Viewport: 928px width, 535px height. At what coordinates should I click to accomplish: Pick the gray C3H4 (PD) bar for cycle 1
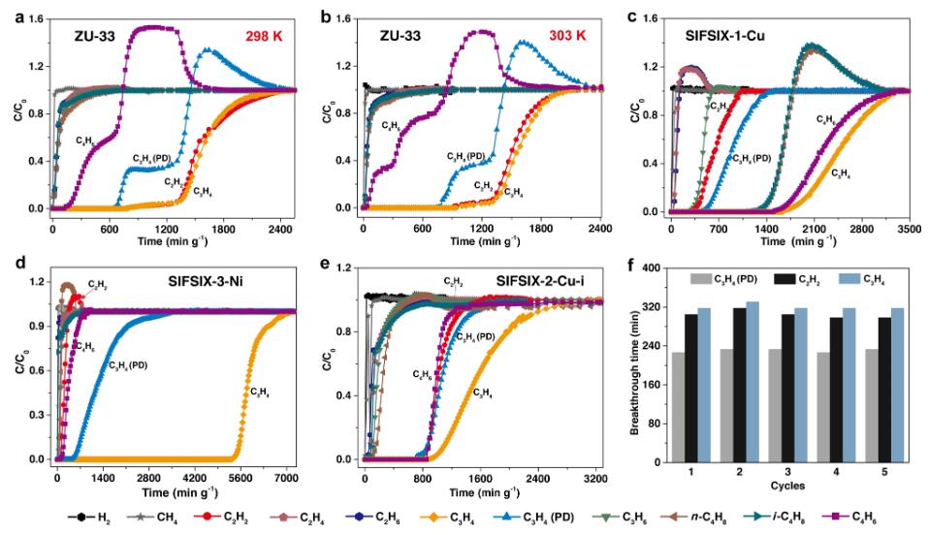pyautogui.click(x=698, y=404)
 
